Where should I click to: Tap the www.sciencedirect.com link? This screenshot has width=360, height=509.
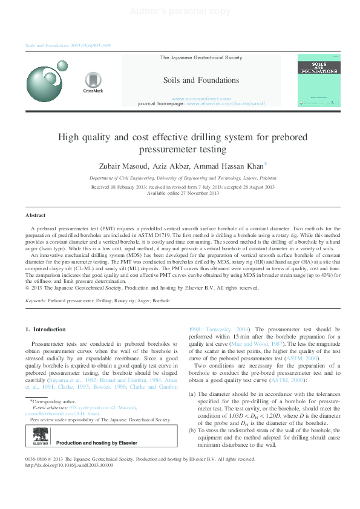tap(201, 99)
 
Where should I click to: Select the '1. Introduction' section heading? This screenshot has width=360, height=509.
tap(45, 329)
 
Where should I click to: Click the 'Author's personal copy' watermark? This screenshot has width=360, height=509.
tap(180, 11)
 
